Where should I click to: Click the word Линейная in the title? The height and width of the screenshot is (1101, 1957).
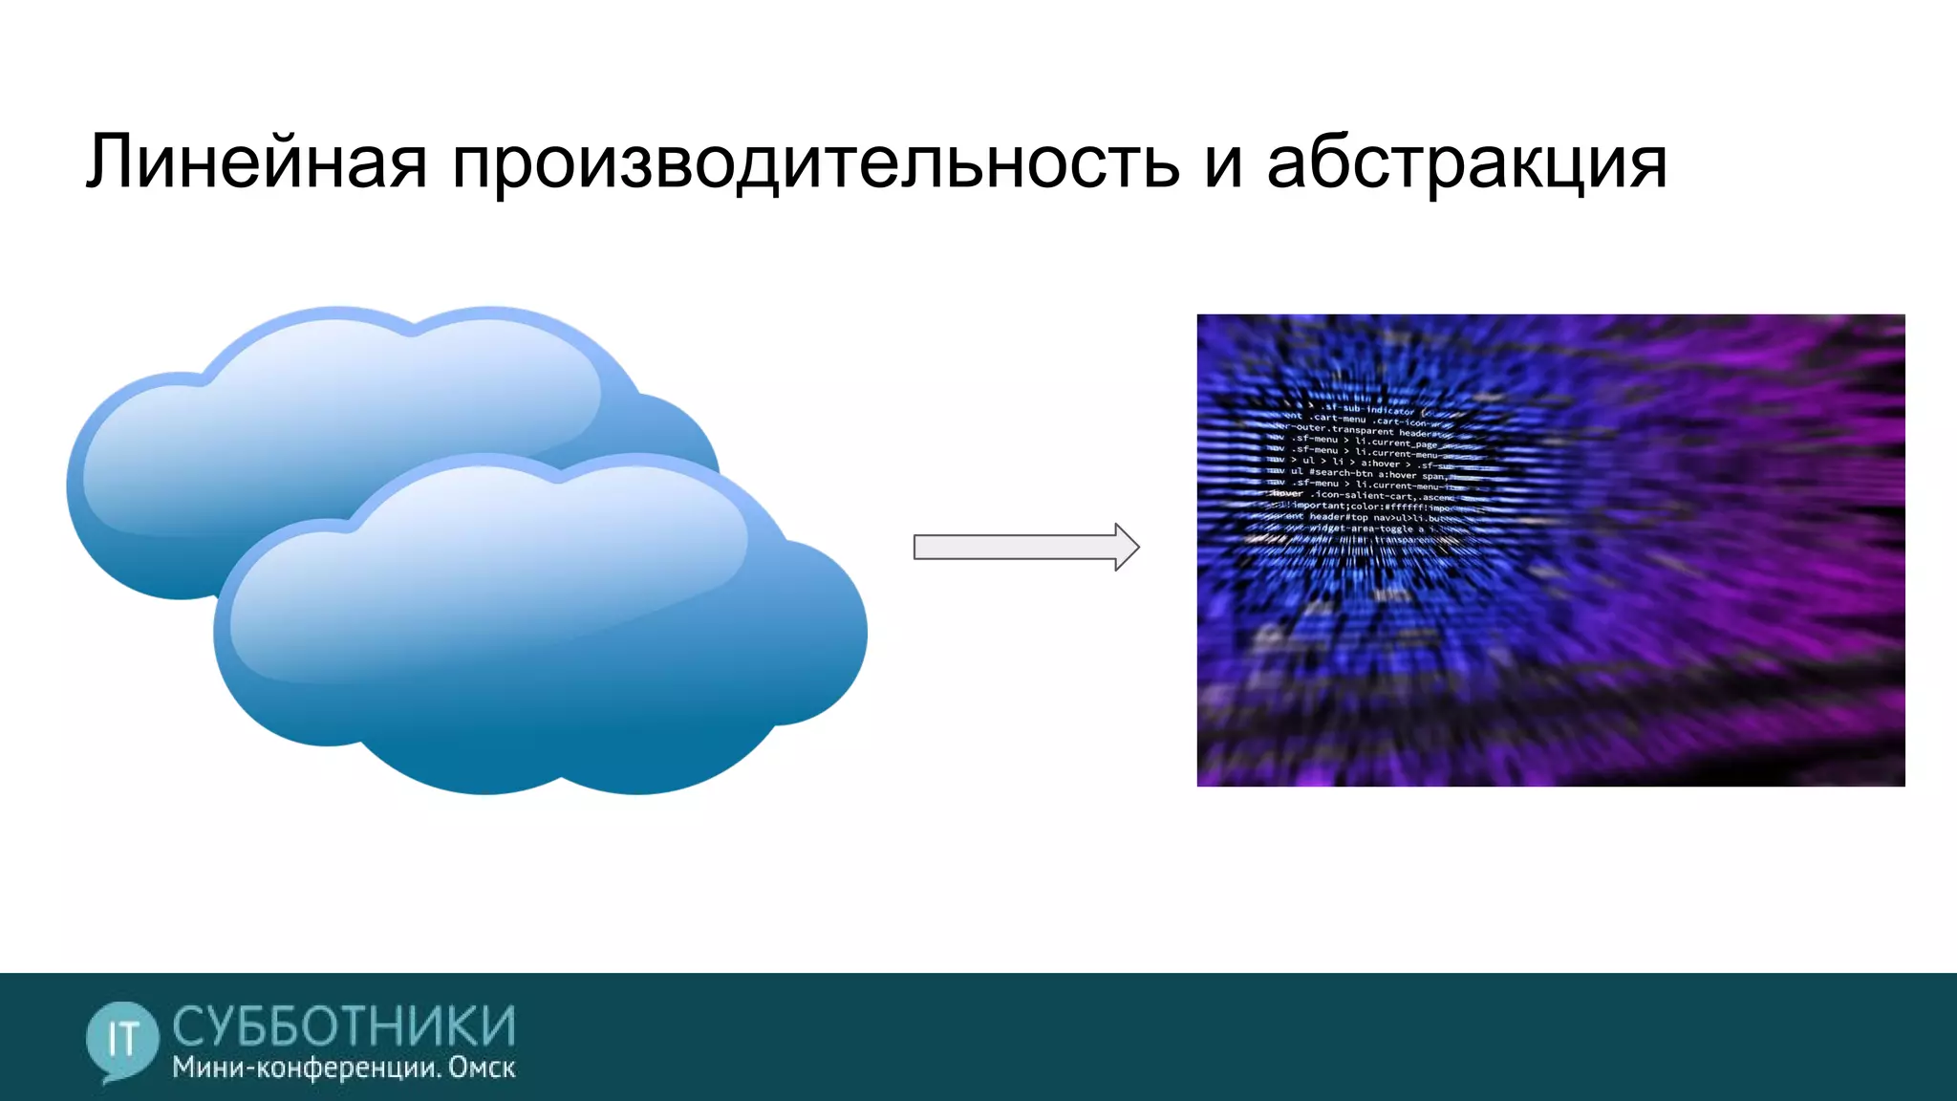[x=256, y=162]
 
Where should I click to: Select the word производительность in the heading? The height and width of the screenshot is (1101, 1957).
[x=815, y=162]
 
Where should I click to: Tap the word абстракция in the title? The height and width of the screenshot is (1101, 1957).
[x=1467, y=162]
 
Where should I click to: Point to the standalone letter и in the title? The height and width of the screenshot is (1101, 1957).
[x=1223, y=164]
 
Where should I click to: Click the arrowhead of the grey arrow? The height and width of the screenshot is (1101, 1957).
[x=1126, y=547]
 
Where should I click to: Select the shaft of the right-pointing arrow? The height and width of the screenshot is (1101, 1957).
[x=1013, y=547]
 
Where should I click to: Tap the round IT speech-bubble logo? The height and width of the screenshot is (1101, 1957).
[x=121, y=1040]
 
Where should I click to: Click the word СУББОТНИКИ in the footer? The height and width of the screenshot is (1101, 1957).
[x=344, y=1026]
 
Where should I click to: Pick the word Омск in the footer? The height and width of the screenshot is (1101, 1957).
[x=482, y=1069]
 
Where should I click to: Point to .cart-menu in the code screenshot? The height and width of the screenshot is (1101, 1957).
[x=1339, y=419]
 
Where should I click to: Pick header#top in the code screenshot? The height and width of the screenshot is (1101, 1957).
[x=1341, y=517]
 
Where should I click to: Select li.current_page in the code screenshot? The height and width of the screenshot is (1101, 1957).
[x=1396, y=443]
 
